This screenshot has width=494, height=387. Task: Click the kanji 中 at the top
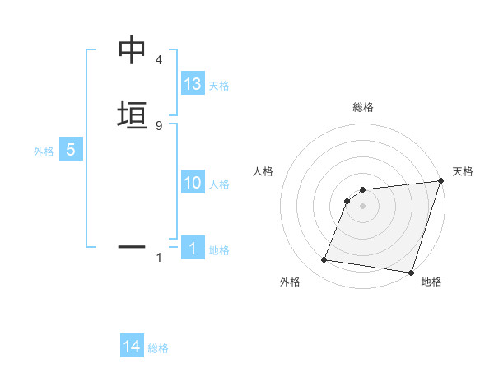131,51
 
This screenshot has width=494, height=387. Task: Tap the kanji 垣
131,114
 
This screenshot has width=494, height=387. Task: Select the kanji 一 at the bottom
131,245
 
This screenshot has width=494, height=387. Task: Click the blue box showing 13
193,84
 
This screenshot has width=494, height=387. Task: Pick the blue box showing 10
193,184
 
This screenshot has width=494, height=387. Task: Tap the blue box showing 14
132,347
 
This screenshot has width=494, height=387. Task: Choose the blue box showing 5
71,151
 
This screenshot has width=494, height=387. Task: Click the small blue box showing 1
193,248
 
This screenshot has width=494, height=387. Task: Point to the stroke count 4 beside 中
159,61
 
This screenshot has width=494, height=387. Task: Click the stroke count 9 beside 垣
159,125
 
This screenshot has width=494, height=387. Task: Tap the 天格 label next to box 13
219,86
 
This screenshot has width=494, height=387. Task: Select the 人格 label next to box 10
219,184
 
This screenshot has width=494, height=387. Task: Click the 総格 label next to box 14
158,348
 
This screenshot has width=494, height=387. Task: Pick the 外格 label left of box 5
44,152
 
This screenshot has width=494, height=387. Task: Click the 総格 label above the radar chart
362,108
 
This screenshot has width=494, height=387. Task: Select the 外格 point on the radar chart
324,260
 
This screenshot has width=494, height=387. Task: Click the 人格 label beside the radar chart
263,171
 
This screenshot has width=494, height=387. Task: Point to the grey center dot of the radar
362,206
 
